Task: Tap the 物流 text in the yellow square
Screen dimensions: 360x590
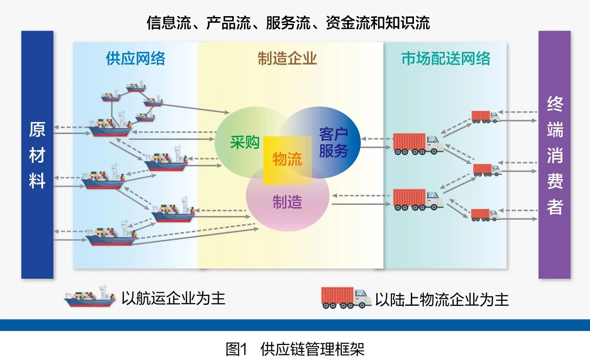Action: (x=287, y=159)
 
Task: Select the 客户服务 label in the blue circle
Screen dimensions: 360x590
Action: (x=333, y=142)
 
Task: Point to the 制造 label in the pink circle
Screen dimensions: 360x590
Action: (x=287, y=202)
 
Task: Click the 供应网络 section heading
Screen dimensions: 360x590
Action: (x=135, y=58)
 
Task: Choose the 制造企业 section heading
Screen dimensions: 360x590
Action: (x=287, y=58)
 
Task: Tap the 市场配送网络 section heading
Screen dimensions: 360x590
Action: (x=445, y=58)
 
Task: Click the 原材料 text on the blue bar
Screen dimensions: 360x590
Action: (x=37, y=155)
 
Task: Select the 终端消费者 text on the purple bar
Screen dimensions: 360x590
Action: (x=554, y=155)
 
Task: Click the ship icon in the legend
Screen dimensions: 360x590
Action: (x=90, y=297)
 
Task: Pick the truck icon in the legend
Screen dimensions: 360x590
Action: (x=346, y=298)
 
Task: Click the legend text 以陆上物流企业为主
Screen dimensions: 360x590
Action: (x=442, y=299)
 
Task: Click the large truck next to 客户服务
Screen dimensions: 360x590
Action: (x=418, y=144)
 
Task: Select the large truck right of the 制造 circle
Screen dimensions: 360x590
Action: (x=418, y=200)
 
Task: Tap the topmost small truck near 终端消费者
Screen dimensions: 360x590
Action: (x=485, y=117)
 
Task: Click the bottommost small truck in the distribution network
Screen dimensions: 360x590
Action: (x=485, y=214)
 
